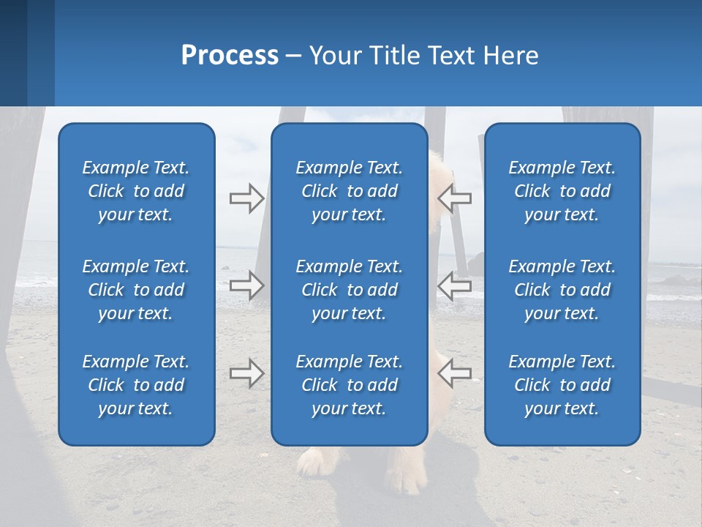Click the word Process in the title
[x=230, y=56]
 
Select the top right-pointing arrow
[x=246, y=198]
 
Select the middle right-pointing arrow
[x=246, y=285]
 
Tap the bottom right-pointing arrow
[x=246, y=373]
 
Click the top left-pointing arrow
[x=454, y=198]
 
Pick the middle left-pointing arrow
[x=454, y=285]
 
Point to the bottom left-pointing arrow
[x=454, y=373]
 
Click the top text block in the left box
[x=136, y=191]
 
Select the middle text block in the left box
[x=136, y=290]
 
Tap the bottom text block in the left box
[x=136, y=385]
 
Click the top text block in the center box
[x=349, y=191]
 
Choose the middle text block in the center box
[x=349, y=290]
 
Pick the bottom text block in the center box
[x=349, y=385]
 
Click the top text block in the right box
[x=562, y=191]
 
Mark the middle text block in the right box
[x=562, y=290]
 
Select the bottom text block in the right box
[x=562, y=385]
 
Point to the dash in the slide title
[x=293, y=56]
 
